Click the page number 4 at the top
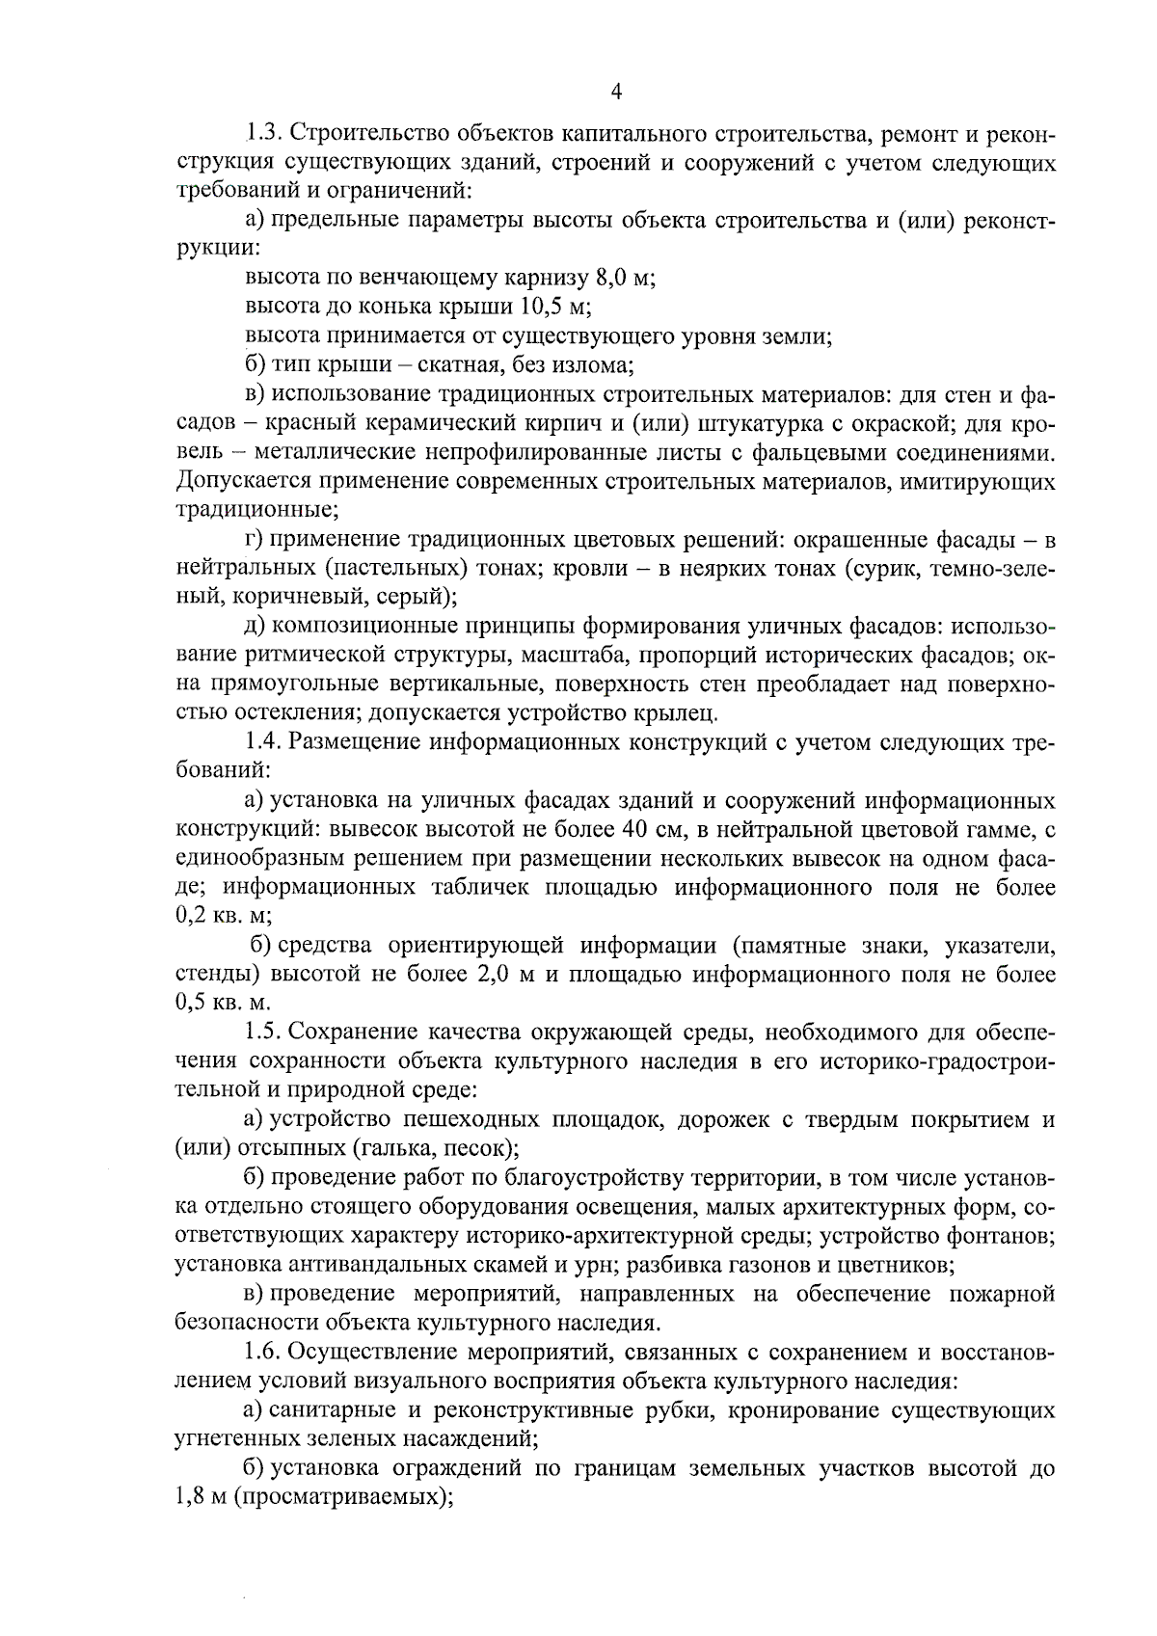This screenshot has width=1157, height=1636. [x=617, y=92]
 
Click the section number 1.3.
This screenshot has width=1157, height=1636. [x=262, y=132]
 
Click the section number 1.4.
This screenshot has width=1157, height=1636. [x=262, y=742]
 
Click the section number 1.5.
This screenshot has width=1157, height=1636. [x=262, y=1033]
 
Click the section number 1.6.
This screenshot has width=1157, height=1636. [x=262, y=1351]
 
